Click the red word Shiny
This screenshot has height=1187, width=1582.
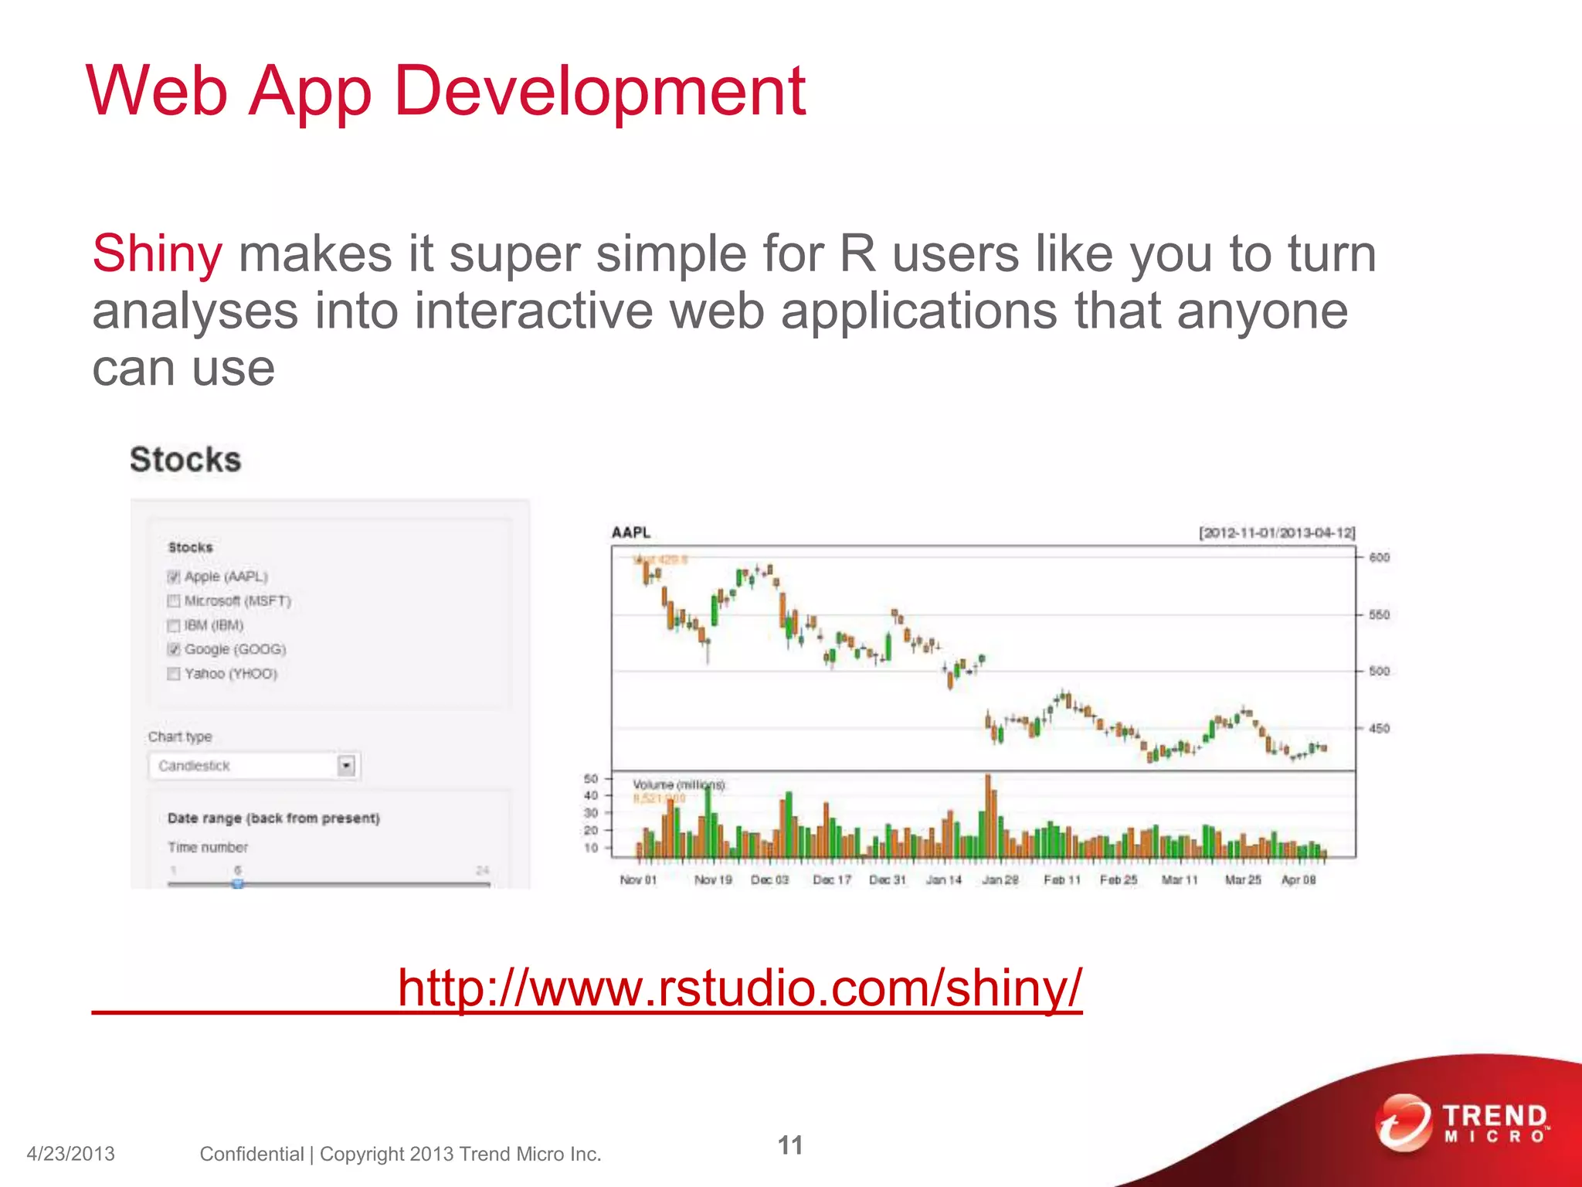click(x=157, y=254)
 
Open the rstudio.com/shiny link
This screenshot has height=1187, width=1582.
click(x=739, y=988)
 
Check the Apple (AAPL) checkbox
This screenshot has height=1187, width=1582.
click(x=174, y=576)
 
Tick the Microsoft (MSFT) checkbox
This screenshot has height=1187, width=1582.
click(x=174, y=601)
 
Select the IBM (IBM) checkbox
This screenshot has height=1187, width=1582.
click(x=174, y=625)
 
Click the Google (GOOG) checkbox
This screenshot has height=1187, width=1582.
click(x=174, y=649)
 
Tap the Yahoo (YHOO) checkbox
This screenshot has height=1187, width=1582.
click(x=174, y=674)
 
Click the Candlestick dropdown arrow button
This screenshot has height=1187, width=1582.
click(x=347, y=766)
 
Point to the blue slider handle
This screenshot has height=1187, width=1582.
click(x=238, y=883)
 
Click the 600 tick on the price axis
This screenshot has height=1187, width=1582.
click(x=1379, y=557)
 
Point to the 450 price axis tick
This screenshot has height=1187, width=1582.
click(x=1379, y=729)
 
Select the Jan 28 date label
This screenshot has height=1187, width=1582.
click(x=1000, y=880)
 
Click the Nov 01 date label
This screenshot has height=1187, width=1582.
click(x=638, y=880)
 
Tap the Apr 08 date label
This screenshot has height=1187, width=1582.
click(x=1299, y=880)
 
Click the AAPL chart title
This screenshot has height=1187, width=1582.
click(x=631, y=532)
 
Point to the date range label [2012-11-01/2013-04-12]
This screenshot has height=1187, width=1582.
click(x=1277, y=533)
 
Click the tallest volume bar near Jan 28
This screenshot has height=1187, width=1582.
click(x=988, y=815)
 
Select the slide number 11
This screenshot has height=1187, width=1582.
click(x=789, y=1145)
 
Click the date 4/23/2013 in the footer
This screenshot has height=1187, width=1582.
click(x=70, y=1155)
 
